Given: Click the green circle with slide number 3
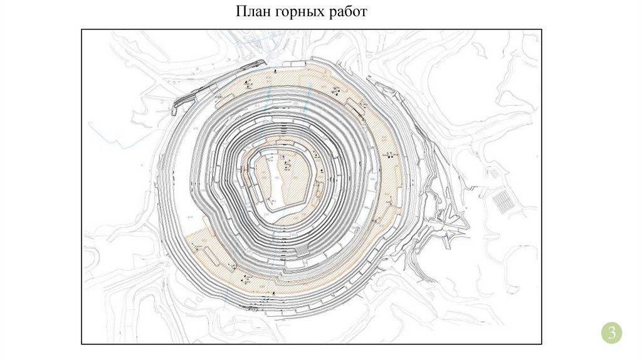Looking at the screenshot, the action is click(612, 332).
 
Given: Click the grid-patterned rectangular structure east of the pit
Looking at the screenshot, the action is click(502, 201).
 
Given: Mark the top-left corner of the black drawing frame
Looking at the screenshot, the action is click(82, 30).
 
